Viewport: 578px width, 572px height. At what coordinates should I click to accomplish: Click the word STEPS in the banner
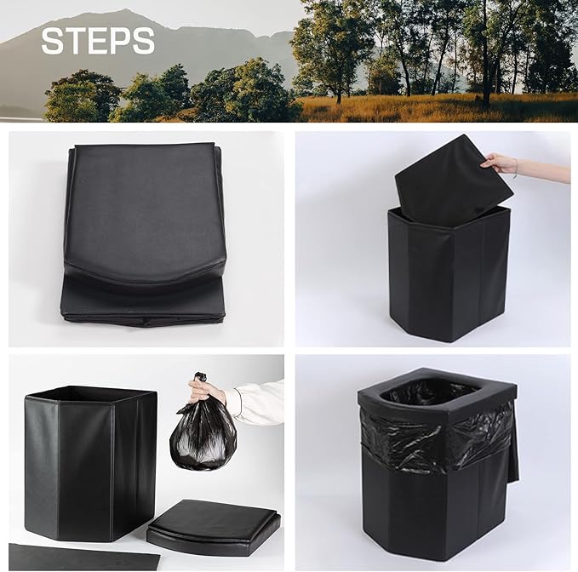pos(98,40)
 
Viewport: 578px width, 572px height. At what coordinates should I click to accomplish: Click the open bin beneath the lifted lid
pos(449,272)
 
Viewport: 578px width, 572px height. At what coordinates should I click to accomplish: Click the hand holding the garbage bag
pos(207,392)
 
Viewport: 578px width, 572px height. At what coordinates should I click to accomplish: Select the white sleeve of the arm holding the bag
pos(257,402)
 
